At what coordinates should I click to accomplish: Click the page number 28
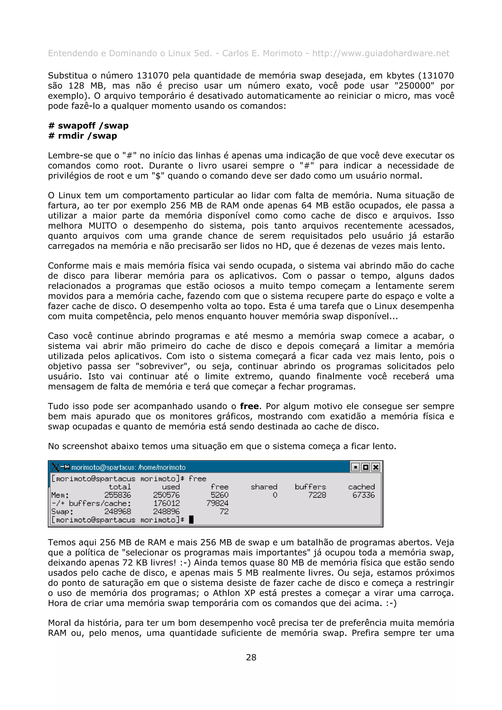(x=251, y=657)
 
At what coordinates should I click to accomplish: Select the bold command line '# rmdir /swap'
(x=83, y=136)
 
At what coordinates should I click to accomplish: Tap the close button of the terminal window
(x=376, y=467)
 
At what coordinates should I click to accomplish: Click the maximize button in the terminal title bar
(x=366, y=467)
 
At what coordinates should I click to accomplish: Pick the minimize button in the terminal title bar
(x=355, y=467)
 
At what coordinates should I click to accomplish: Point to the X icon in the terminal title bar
(x=56, y=467)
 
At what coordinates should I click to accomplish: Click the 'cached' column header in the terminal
(x=361, y=487)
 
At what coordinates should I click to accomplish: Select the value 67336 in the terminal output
(x=364, y=495)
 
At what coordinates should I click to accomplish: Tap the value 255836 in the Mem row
(x=118, y=495)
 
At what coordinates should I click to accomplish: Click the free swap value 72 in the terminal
(x=224, y=512)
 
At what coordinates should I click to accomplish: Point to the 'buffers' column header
(x=310, y=487)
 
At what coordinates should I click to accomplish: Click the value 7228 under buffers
(x=317, y=495)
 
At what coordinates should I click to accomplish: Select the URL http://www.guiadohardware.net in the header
(x=380, y=53)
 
